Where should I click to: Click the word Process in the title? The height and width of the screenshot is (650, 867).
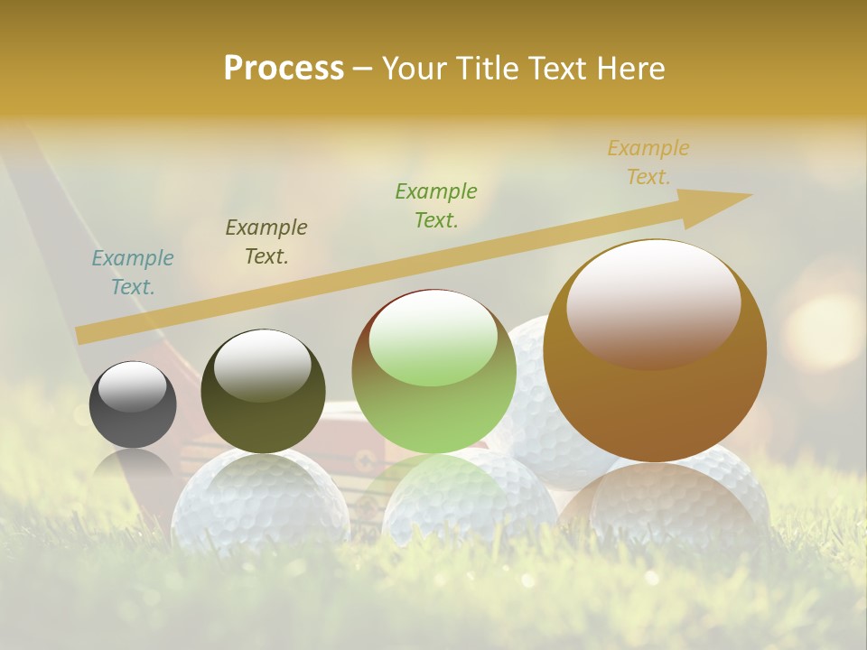click(284, 69)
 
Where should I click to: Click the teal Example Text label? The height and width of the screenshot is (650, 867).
click(133, 273)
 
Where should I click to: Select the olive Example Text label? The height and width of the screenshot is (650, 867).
click(266, 242)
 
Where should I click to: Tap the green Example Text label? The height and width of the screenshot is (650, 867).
click(436, 205)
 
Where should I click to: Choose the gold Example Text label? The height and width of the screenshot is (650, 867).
click(648, 162)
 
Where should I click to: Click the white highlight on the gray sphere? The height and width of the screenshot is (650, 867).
click(132, 386)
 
